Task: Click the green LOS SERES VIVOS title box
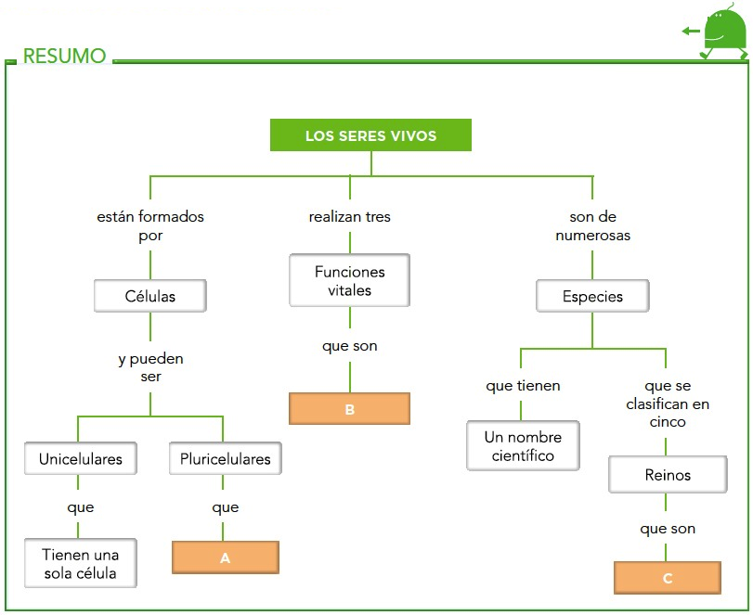[x=370, y=136]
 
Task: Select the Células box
[x=150, y=297]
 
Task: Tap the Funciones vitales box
[x=349, y=281]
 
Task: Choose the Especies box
[x=592, y=297]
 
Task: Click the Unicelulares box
[x=80, y=459]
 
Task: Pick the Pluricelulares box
[x=225, y=459]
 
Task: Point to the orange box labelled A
[x=225, y=557]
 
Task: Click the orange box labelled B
[x=349, y=409]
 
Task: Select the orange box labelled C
[x=667, y=578]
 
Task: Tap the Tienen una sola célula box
[x=80, y=563]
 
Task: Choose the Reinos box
[x=667, y=475]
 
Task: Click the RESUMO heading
[x=64, y=57]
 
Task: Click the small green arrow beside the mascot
[x=690, y=32]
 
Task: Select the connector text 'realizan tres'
[x=349, y=217]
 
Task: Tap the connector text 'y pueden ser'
[x=150, y=367]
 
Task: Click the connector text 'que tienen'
[x=523, y=386]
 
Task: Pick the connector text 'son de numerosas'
[x=592, y=226]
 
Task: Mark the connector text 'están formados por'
[x=150, y=226]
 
